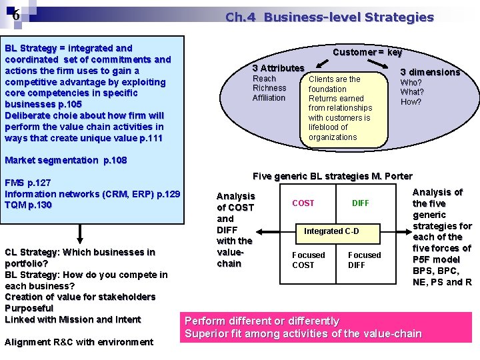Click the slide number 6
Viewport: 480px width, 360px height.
pyautogui.click(x=15, y=16)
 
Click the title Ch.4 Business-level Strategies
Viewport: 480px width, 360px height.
pyautogui.click(x=329, y=17)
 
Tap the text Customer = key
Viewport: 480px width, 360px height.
pyautogui.click(x=367, y=52)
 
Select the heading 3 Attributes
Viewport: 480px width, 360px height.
pyautogui.click(x=278, y=68)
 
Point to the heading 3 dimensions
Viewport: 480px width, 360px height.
pyautogui.click(x=430, y=72)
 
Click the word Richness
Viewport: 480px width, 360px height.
pyautogui.click(x=269, y=88)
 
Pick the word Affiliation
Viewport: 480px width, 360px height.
pyautogui.click(x=269, y=98)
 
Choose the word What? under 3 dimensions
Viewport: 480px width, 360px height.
pyautogui.click(x=411, y=92)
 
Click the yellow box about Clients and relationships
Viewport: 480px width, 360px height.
pyautogui.click(x=347, y=108)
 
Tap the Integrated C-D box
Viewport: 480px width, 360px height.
pyautogui.click(x=331, y=231)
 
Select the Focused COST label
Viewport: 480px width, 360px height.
pyautogui.click(x=309, y=260)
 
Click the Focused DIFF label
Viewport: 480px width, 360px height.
pyautogui.click(x=365, y=260)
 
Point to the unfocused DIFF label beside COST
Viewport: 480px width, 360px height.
pyautogui.click(x=360, y=203)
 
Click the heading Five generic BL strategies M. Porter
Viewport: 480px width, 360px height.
pyautogui.click(x=333, y=176)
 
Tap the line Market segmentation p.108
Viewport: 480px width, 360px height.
pyautogui.click(x=65, y=160)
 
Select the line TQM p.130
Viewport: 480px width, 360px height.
pyautogui.click(x=28, y=205)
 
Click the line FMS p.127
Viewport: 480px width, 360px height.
pyautogui.click(x=28, y=182)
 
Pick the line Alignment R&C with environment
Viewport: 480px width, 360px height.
pyautogui.click(x=79, y=342)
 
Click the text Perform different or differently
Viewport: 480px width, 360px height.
pyautogui.click(x=262, y=321)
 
